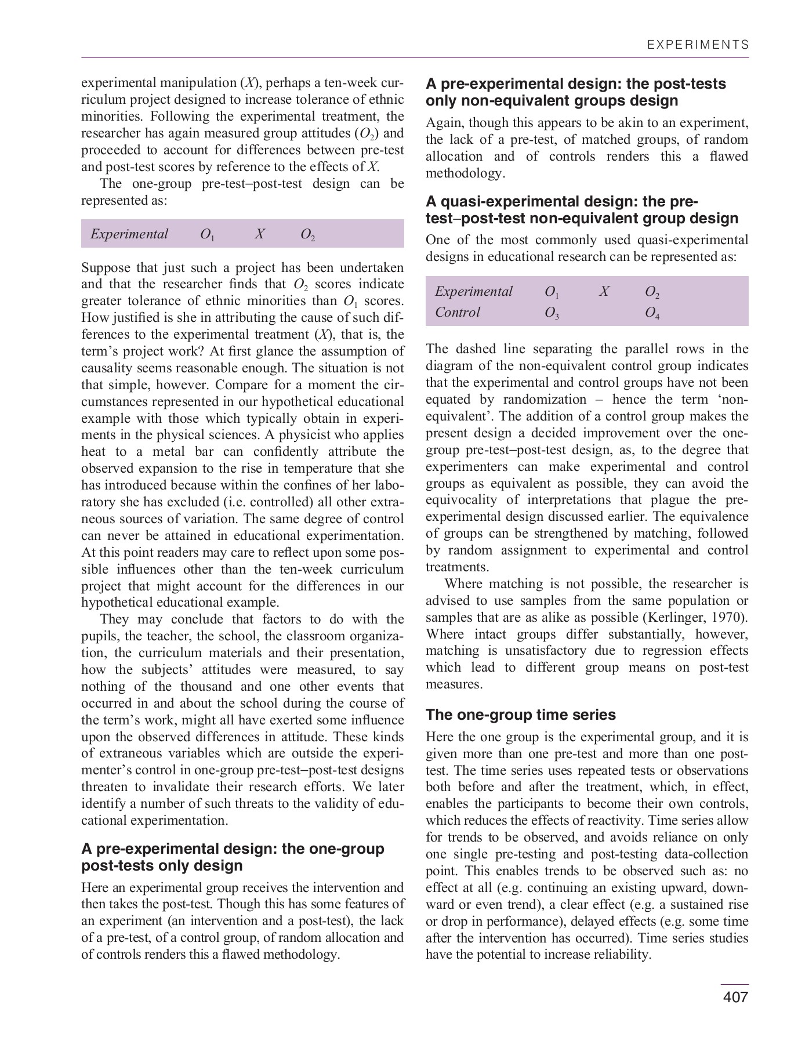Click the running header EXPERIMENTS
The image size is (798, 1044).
(698, 45)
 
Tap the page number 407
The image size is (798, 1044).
(735, 997)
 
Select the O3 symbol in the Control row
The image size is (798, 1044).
(552, 313)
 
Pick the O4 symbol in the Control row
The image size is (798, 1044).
(652, 313)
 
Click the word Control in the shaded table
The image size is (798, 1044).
(458, 312)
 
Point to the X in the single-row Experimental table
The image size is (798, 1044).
(260, 234)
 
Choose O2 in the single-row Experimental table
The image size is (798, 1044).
(307, 234)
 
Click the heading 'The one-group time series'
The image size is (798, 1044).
(521, 715)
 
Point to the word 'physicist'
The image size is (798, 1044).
(328, 435)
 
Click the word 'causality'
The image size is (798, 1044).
(107, 368)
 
